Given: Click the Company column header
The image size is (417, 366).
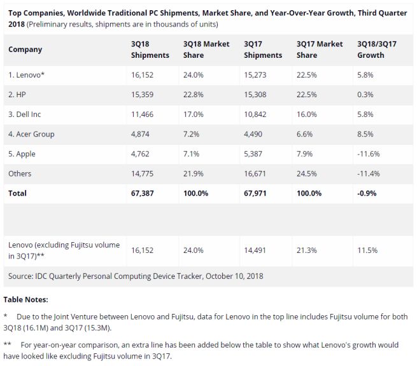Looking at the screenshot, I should click(x=25, y=50).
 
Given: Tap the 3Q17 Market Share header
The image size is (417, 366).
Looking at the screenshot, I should click(x=320, y=50).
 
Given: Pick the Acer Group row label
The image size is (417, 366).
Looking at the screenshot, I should click(x=32, y=133).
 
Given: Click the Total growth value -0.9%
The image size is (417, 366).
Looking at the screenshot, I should click(x=369, y=193).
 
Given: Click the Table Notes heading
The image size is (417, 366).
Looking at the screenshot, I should click(x=26, y=299).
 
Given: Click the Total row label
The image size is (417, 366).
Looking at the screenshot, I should click(x=18, y=193).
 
